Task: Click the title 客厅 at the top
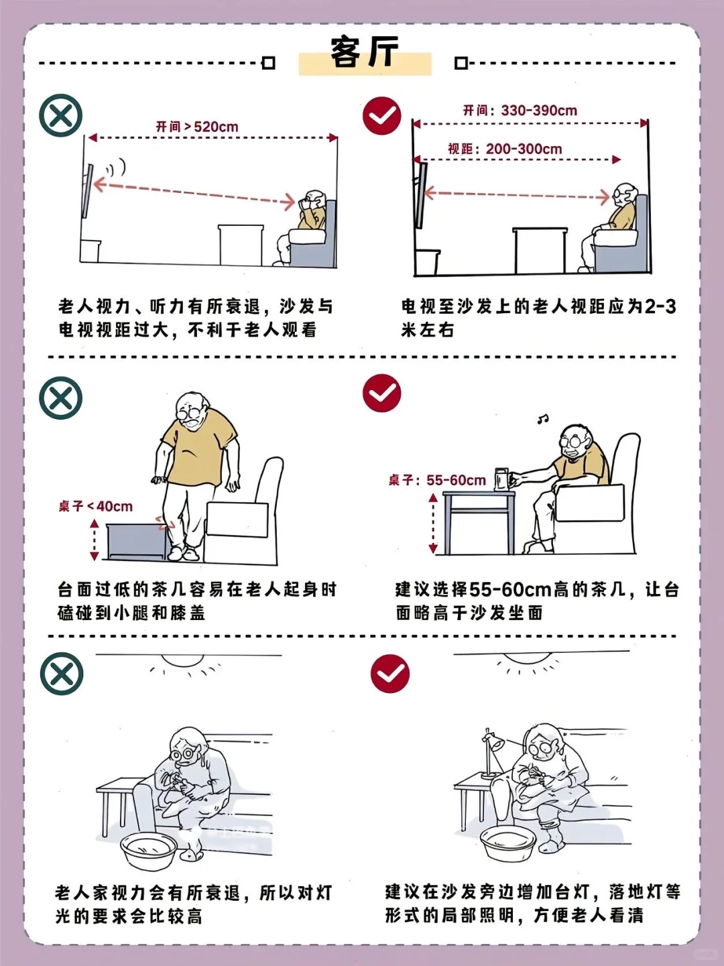(x=364, y=53)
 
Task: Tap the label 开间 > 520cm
(x=197, y=127)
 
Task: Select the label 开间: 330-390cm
(x=520, y=111)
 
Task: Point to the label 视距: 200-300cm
(x=505, y=149)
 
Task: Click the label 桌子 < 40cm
(x=95, y=506)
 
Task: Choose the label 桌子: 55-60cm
(x=437, y=480)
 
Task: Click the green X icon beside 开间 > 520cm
(x=61, y=115)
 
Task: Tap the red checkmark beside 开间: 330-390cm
(x=382, y=116)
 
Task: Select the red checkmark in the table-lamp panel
(x=389, y=674)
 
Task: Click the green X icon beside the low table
(x=61, y=398)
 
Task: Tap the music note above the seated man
(x=542, y=420)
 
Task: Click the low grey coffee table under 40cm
(x=137, y=542)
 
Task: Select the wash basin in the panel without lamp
(x=148, y=850)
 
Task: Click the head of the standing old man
(x=192, y=410)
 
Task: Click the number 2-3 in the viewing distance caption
(x=660, y=307)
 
